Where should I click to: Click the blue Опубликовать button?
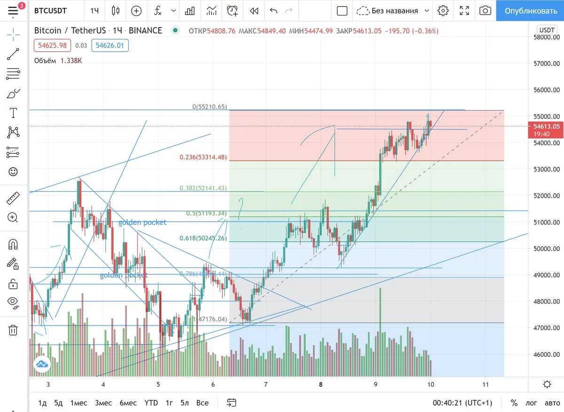[530, 10]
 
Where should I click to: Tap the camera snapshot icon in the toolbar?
[485, 10]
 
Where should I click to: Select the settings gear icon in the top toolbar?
[443, 10]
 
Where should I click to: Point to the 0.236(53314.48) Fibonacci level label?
[203, 157]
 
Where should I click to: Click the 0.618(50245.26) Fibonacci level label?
[203, 238]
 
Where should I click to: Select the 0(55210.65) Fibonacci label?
[210, 107]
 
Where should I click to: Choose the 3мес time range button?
[103, 403]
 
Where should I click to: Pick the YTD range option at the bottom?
[151, 403]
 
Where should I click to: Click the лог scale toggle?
[531, 403]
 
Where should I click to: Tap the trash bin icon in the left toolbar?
[13, 330]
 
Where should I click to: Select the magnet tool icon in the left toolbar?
[13, 244]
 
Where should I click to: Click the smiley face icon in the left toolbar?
[13, 172]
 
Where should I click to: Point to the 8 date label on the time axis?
[321, 384]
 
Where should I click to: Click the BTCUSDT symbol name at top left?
[50, 10]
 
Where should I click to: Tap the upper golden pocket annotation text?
[142, 222]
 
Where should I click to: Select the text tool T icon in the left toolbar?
[13, 113]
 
